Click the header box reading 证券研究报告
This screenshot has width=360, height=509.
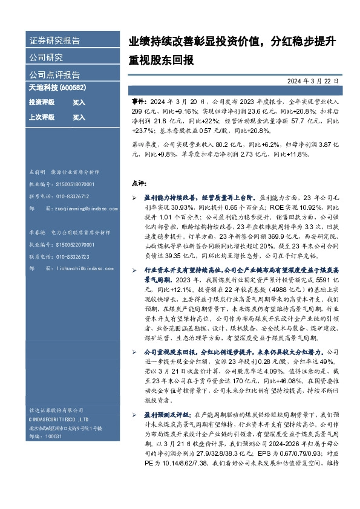(x=55, y=41)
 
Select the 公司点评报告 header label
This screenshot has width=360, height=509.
(x=55, y=75)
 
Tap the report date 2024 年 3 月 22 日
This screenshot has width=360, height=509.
(x=318, y=80)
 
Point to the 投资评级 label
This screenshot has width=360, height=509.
(x=42, y=103)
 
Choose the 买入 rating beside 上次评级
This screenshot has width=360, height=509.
(x=79, y=117)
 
